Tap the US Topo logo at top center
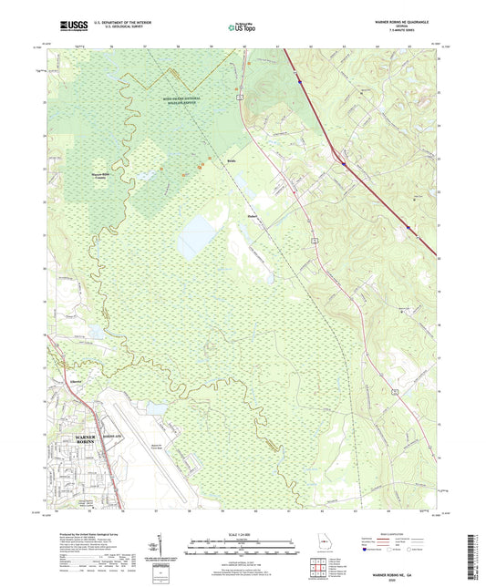tap(241, 27)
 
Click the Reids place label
tap(233, 167)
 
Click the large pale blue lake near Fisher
tap(196, 237)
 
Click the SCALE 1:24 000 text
tap(242, 533)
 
